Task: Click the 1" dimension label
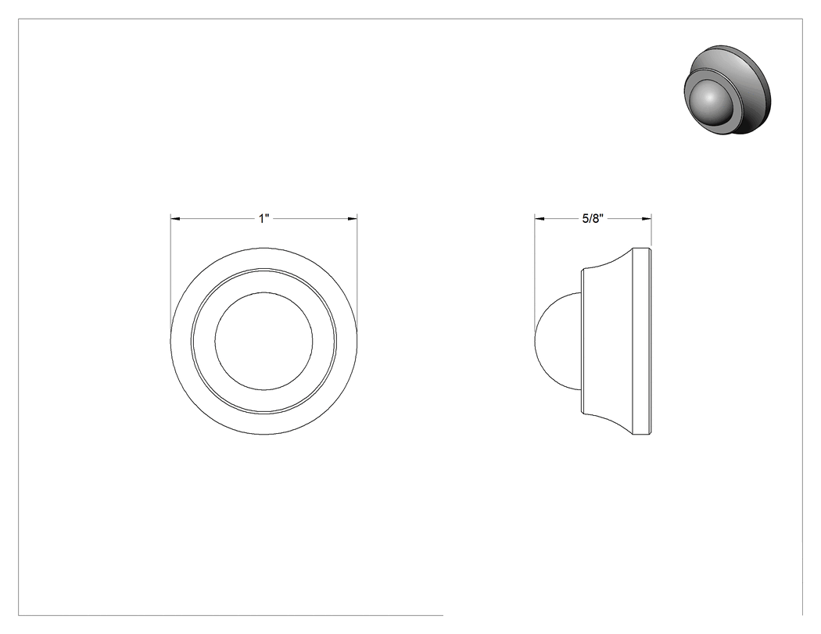click(264, 218)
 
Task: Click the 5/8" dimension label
click(593, 218)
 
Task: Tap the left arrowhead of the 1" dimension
click(175, 218)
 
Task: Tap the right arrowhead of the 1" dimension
click(353, 218)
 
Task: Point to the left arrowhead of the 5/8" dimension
click(539, 218)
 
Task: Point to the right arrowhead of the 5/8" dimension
click(647, 218)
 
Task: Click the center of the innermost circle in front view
click(264, 341)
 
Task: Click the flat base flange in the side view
click(642, 341)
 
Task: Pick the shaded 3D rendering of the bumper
click(727, 90)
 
